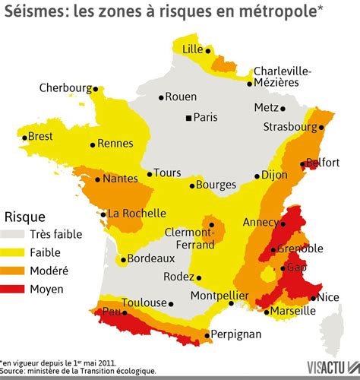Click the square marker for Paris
coord(189,118)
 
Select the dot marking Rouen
coord(161,97)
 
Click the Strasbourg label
coord(289,126)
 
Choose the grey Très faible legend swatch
coord(15,234)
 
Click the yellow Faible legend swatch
coord(15,252)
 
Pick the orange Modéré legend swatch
coord(15,271)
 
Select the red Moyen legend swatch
coord(15,289)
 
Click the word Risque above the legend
coord(25,216)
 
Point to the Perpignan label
coord(235,334)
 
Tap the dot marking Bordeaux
coord(122,259)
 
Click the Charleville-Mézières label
coord(282,76)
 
